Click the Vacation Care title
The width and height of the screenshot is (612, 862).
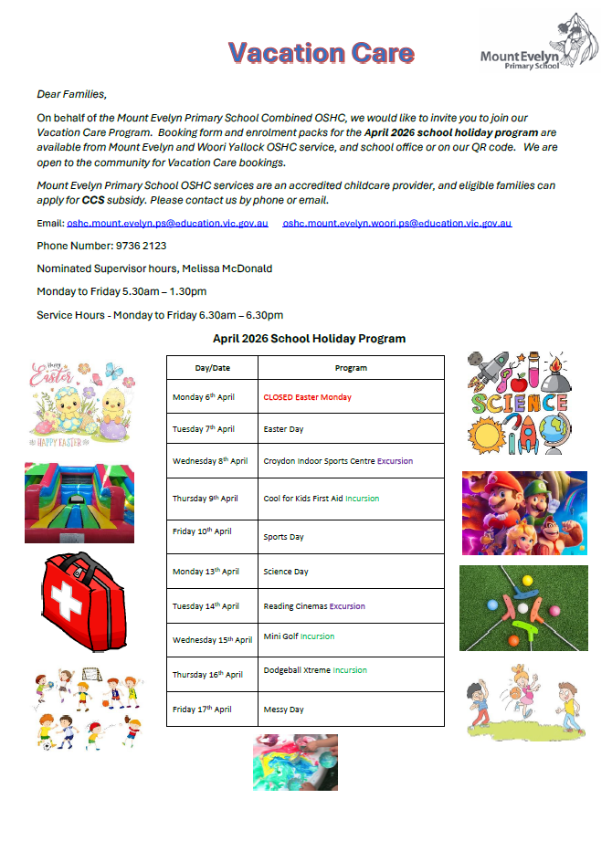[321, 53]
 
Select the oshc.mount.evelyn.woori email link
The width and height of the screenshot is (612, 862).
[397, 223]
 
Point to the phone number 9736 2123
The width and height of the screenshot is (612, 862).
[141, 246]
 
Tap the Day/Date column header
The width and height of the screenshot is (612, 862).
[212, 368]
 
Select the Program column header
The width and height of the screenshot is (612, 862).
[351, 368]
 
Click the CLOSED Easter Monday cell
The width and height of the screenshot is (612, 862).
[307, 397]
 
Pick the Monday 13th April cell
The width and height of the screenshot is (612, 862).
[206, 572]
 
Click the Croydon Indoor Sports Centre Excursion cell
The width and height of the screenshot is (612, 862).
[338, 461]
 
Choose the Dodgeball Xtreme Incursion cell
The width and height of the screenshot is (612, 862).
[315, 670]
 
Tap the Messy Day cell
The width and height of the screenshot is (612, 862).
[283, 710]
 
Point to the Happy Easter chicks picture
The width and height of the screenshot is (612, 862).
[79, 401]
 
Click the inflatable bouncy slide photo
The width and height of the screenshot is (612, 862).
[79, 502]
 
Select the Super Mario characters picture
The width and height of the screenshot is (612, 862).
[524, 513]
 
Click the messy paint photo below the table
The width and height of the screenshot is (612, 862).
[295, 762]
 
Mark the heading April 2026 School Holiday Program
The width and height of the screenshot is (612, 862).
[309, 339]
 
